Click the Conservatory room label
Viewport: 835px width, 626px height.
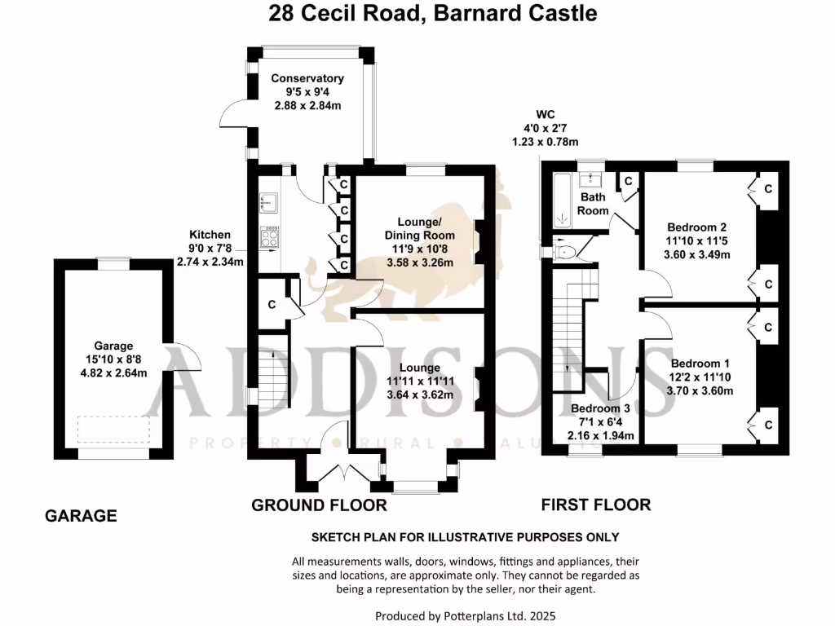[x=307, y=78]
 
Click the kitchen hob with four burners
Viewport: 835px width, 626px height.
[x=269, y=236]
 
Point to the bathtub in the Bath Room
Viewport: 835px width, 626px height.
[x=562, y=200]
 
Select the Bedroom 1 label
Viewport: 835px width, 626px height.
[x=696, y=364]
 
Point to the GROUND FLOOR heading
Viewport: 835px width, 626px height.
[x=319, y=505]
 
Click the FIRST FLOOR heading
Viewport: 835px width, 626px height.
[x=596, y=505]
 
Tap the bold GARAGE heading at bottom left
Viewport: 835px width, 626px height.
[x=81, y=516]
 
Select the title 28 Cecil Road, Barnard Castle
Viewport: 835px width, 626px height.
[x=433, y=14]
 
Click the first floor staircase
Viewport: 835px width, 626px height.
[x=571, y=326]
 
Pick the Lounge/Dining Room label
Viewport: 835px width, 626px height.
[x=419, y=229]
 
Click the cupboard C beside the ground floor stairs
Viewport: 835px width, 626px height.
[x=272, y=304]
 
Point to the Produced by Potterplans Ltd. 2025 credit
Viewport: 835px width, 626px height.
[x=466, y=616]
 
